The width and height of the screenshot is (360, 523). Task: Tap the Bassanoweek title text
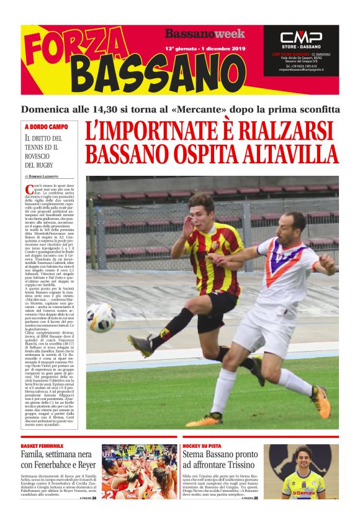click(204, 34)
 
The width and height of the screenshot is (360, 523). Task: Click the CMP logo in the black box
click(300, 37)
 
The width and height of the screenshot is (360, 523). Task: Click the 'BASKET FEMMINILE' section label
click(42, 446)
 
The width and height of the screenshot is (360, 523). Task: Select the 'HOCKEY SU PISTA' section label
click(204, 446)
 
